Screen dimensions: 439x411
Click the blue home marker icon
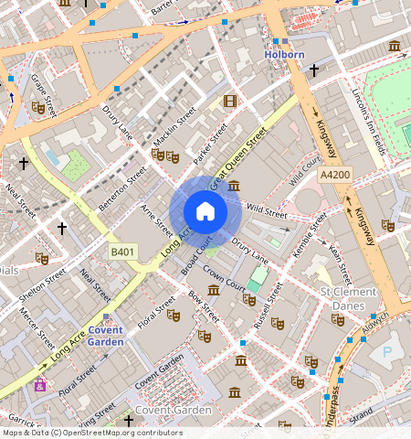205,212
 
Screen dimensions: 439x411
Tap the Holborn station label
284,55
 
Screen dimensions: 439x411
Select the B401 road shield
122,251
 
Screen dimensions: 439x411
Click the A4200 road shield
335,173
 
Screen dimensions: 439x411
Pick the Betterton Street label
122,187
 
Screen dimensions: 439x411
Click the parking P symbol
386,351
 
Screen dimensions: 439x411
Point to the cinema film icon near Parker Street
229,102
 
